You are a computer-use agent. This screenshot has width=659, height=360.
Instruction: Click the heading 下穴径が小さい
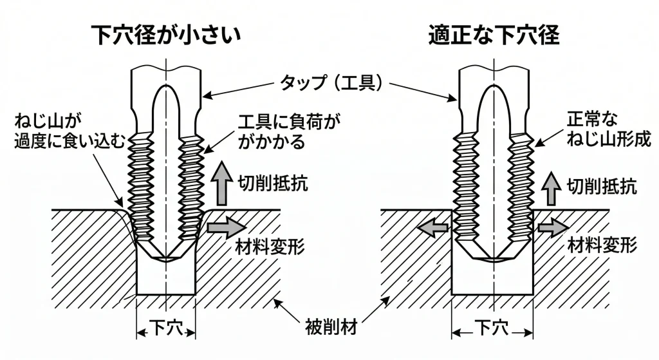(x=166, y=33)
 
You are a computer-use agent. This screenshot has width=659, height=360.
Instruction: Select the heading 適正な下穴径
(x=494, y=33)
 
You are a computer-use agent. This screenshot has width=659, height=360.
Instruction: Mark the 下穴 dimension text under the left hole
(x=166, y=329)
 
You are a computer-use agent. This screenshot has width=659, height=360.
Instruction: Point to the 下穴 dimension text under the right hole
(x=492, y=329)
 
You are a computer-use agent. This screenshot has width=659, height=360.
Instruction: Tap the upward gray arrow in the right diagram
(x=550, y=187)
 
